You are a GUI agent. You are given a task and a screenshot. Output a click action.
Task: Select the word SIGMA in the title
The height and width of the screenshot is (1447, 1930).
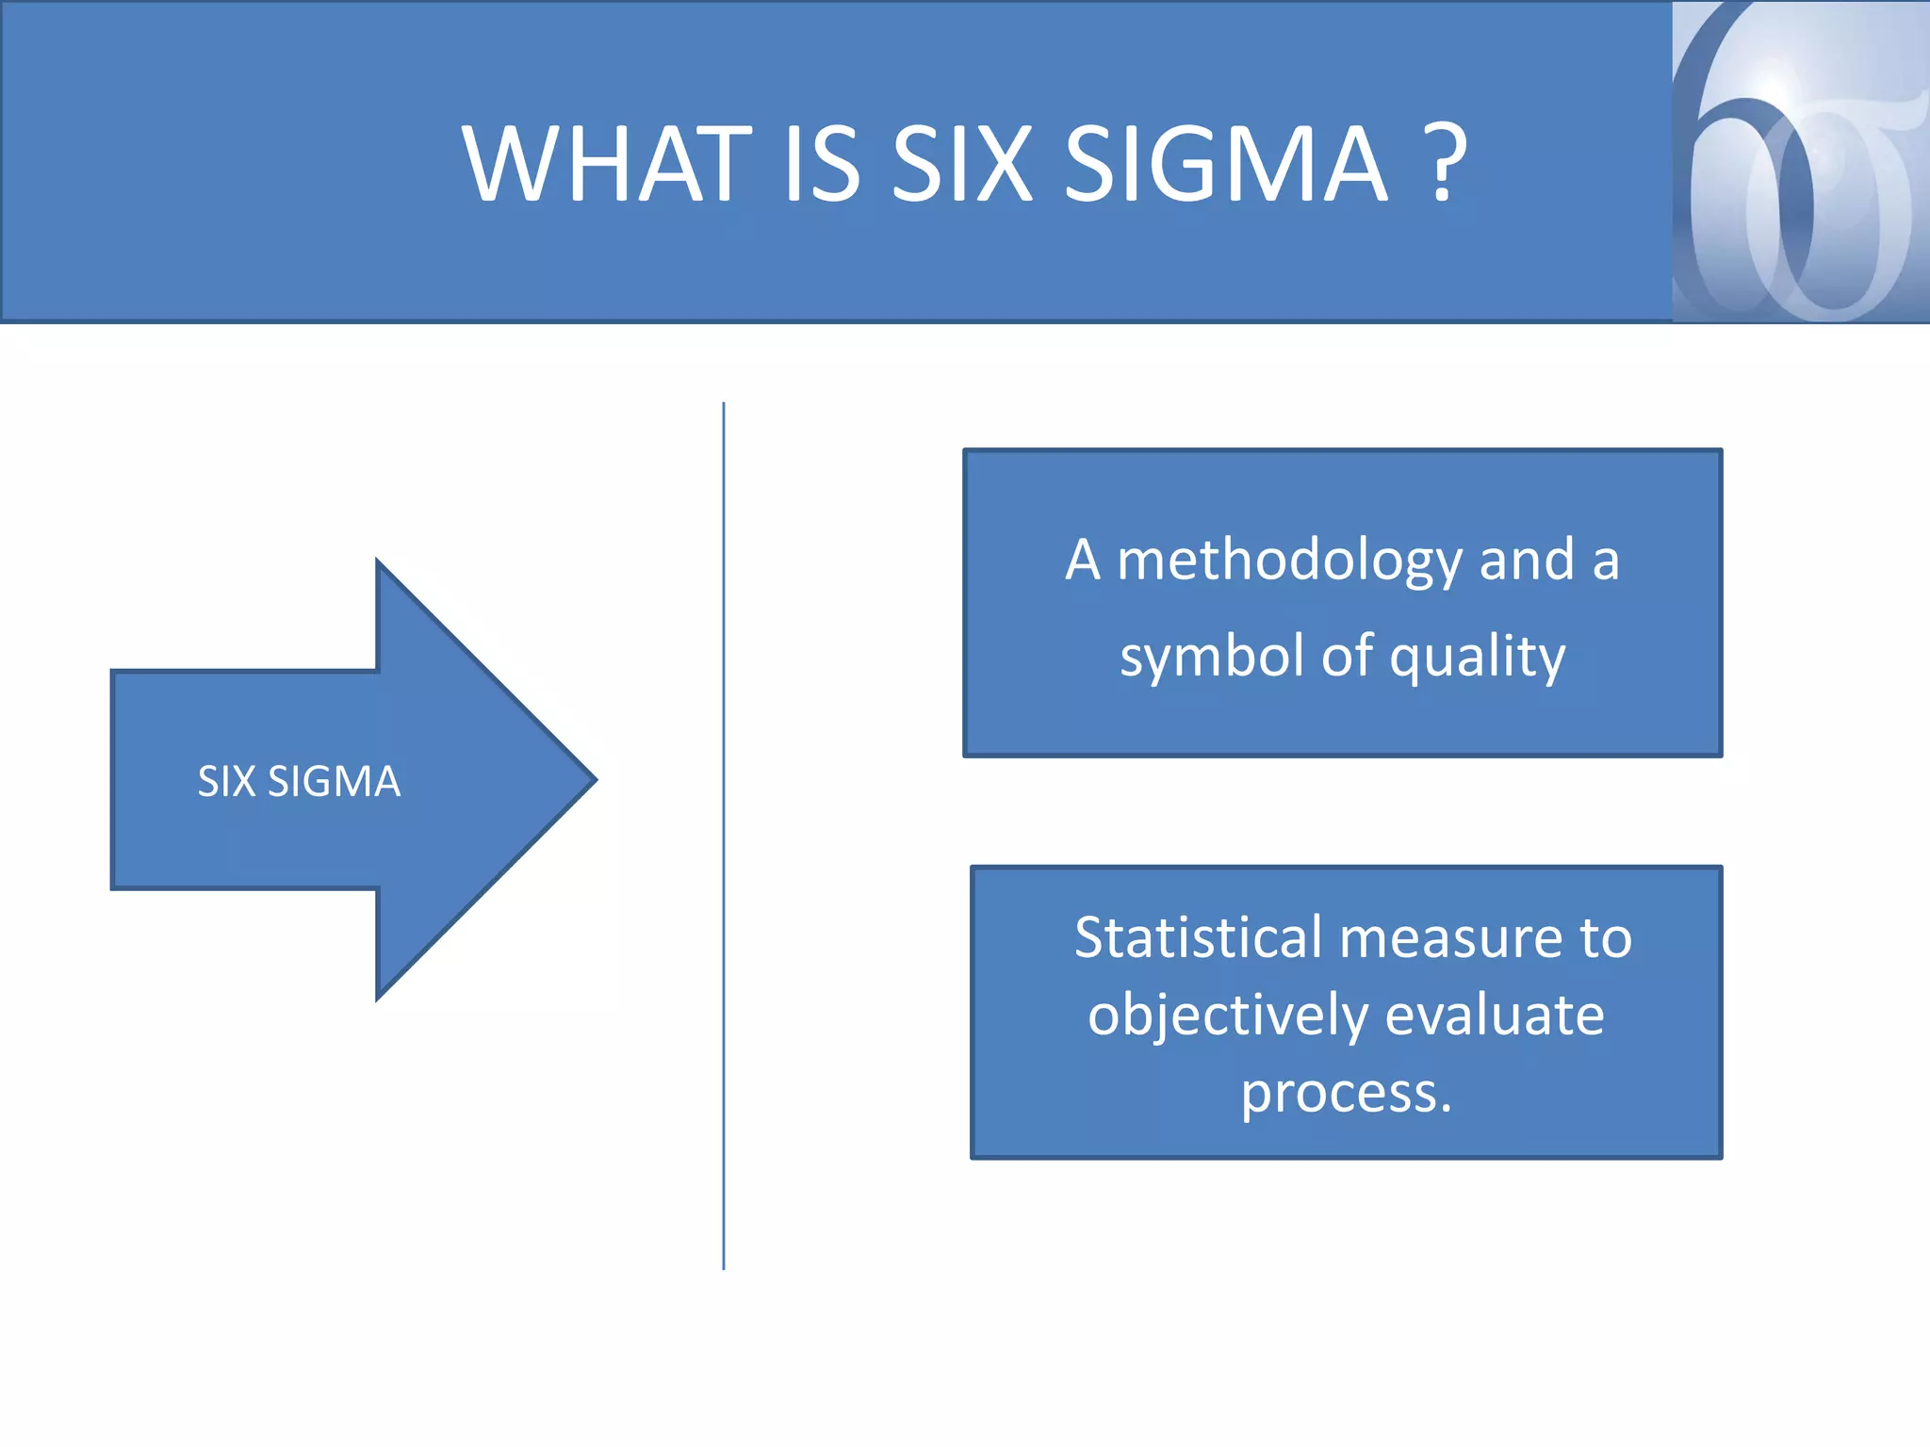pos(1225,164)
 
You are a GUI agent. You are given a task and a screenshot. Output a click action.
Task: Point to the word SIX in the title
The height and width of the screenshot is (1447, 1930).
pos(961,164)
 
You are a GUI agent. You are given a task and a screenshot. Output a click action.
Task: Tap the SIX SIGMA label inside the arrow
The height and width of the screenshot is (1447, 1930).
pos(299,781)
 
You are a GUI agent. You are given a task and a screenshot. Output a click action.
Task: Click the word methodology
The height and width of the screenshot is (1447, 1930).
pos(1288,561)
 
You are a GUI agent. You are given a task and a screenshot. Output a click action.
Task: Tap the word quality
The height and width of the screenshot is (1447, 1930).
pos(1477,657)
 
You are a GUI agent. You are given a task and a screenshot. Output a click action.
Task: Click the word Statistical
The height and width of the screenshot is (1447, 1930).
pos(1199,938)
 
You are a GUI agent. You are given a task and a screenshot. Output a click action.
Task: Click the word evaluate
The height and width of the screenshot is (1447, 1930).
pos(1495,1016)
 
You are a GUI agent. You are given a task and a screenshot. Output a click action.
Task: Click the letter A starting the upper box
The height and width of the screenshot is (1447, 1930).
pos(1083,561)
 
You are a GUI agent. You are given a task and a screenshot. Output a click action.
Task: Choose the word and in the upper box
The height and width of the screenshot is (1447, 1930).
pos(1527,561)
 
